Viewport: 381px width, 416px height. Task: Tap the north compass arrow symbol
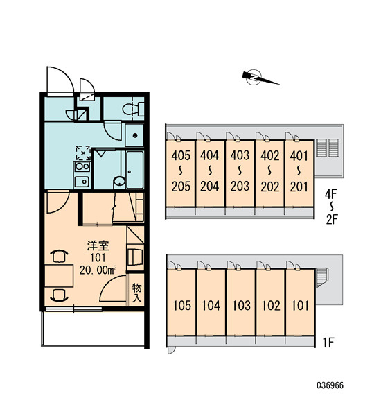(260, 78)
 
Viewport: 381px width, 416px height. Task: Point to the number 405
(181, 156)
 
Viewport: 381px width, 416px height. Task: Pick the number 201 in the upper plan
(299, 187)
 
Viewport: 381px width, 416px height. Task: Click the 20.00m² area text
(98, 270)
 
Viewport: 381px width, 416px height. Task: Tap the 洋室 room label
(98, 246)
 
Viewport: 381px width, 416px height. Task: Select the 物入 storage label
(136, 293)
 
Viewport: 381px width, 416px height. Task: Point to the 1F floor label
(328, 343)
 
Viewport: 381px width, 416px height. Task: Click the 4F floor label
(330, 194)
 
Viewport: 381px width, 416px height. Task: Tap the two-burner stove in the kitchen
(82, 166)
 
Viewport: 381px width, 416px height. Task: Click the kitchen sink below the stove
(82, 182)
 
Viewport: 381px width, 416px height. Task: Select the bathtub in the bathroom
(135, 170)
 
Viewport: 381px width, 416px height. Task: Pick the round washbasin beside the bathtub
(119, 182)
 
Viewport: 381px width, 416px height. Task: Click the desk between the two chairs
(59, 276)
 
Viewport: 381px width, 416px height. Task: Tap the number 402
(270, 156)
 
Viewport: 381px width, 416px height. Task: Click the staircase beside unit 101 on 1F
(322, 279)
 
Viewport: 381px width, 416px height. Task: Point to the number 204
(209, 187)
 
